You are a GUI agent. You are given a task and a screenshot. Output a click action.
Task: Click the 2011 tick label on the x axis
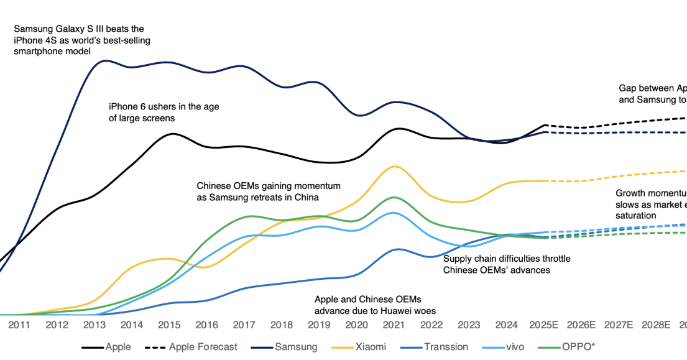point(19,325)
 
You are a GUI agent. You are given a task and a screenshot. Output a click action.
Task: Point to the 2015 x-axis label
point(170,325)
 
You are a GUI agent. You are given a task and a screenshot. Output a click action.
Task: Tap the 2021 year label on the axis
point(394,325)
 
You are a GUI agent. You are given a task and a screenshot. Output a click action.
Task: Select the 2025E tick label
point(545,325)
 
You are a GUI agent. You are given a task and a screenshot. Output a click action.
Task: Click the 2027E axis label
point(620,325)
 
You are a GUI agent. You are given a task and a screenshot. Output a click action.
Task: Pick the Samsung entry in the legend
point(296,347)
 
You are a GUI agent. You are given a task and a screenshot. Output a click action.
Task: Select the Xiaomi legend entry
point(372,347)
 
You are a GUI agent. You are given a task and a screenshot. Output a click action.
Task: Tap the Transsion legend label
point(446,347)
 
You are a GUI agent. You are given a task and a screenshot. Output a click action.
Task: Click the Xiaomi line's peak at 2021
point(393,166)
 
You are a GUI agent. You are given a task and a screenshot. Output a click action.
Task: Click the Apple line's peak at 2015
point(172,134)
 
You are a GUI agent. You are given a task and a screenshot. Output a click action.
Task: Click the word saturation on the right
point(635,215)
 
